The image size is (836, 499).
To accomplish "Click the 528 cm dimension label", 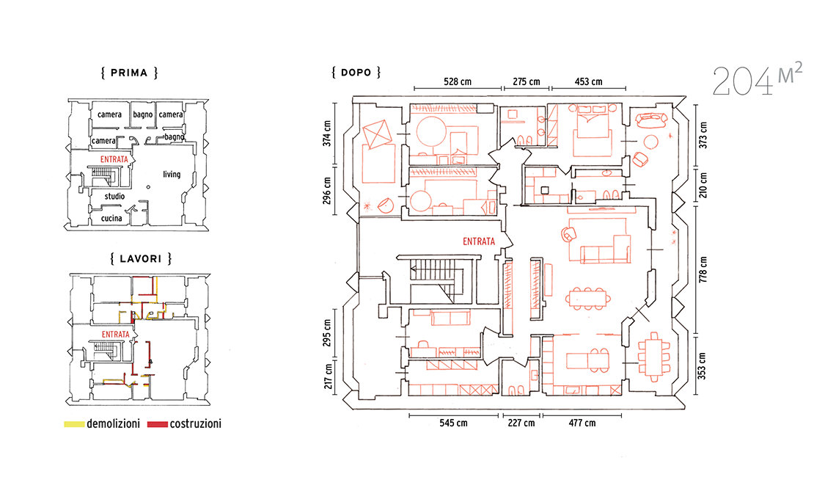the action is [x=458, y=81].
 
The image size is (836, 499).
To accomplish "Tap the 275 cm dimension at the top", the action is [x=527, y=81].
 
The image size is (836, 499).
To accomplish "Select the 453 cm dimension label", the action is [x=589, y=81].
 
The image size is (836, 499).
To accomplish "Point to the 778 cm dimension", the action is [x=703, y=269].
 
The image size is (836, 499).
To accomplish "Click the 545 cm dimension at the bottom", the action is [x=453, y=423].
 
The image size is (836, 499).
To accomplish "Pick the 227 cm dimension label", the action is [x=521, y=423].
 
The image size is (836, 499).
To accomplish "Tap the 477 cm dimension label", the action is [x=582, y=423].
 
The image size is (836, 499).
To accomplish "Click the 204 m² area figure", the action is [x=757, y=79].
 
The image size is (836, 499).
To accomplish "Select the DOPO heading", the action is [x=356, y=72].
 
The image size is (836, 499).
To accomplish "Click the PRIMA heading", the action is [x=129, y=73].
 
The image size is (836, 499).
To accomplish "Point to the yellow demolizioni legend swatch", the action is [x=74, y=424].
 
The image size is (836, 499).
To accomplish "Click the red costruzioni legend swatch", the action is [x=158, y=424].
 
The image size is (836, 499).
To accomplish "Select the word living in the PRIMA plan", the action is [x=172, y=174].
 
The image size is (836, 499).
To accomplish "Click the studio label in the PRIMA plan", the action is [x=114, y=196].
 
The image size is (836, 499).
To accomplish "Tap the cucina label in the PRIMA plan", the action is [x=111, y=218].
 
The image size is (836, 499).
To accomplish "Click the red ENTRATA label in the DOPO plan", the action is [x=479, y=241].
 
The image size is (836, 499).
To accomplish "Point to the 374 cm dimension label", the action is [x=327, y=134].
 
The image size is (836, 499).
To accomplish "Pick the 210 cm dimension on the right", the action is [x=703, y=185].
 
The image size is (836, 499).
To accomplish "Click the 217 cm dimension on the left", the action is [x=329, y=376].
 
